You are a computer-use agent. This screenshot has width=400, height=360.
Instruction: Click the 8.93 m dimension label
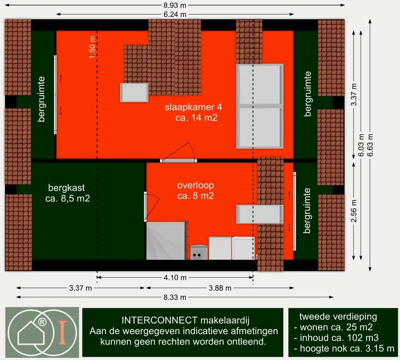(175, 6)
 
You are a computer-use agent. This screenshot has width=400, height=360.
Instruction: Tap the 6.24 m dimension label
(175, 14)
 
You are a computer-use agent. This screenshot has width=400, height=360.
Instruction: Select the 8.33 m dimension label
(175, 298)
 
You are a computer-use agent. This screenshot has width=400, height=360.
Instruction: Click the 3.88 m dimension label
(220, 288)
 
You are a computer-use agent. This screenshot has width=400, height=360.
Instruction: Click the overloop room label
(196, 191)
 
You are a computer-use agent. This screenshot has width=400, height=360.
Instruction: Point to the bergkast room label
(68, 192)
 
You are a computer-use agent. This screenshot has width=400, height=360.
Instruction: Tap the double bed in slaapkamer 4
(259, 106)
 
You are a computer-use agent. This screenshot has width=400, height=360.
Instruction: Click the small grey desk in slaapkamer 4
(135, 92)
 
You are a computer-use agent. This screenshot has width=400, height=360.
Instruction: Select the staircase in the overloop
(166, 241)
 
